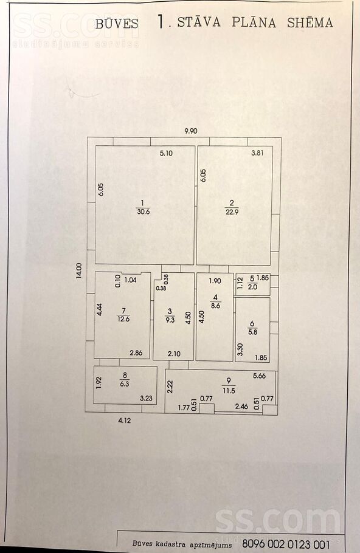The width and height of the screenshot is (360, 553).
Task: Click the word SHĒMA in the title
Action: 310,22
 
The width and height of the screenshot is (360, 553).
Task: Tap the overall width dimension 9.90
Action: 191,131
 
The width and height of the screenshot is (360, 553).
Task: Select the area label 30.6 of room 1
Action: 144,212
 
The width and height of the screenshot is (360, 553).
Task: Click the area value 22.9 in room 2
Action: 232,212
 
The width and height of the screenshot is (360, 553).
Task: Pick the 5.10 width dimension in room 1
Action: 166,153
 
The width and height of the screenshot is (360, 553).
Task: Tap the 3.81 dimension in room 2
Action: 257,153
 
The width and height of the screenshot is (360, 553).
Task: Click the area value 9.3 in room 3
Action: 170,320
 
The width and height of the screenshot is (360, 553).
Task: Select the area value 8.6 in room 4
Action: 216,306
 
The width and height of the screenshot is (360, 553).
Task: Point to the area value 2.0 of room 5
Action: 252,287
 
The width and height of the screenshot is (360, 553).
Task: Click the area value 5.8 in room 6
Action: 253,332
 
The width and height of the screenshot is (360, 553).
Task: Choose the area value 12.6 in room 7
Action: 123,319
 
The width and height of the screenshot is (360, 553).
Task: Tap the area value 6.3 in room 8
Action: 125,384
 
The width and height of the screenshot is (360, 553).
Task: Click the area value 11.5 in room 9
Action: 229,390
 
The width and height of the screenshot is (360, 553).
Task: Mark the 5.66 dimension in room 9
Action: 260,376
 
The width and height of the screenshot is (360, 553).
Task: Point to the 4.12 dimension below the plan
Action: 125,421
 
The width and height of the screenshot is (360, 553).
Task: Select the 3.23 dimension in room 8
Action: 146,399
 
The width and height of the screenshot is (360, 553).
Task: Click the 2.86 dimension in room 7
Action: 136,352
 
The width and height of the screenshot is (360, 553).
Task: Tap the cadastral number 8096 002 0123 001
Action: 286,544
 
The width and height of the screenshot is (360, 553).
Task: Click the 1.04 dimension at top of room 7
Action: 131,280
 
